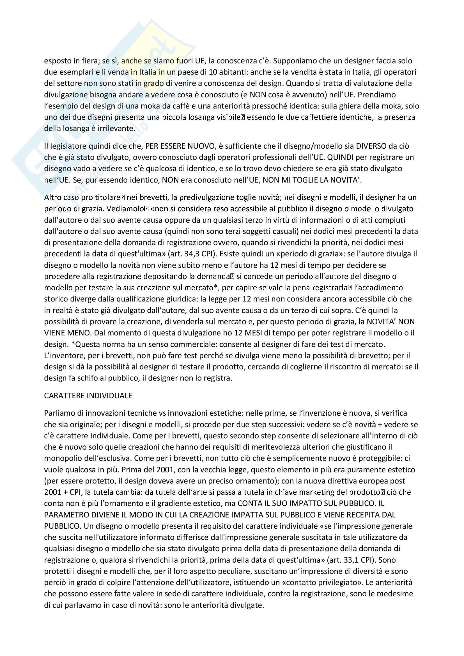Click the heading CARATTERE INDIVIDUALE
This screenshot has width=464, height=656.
(x=88, y=396)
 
